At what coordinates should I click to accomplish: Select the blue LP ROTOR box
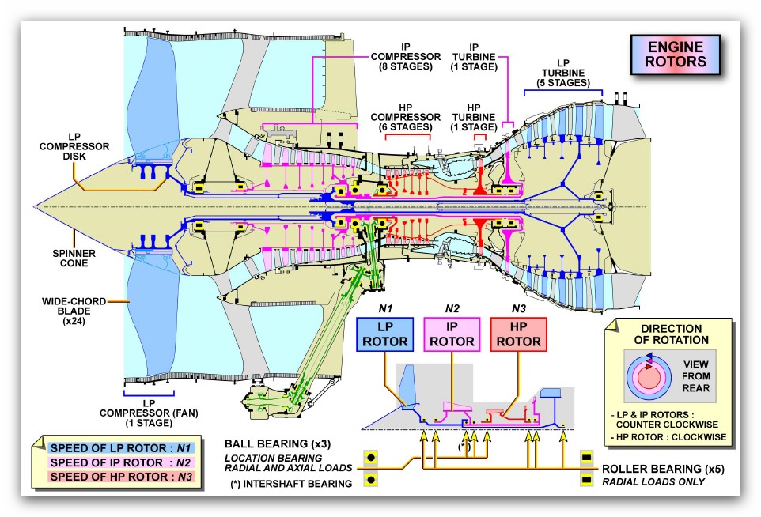385,334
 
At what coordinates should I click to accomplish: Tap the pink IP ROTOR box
452,334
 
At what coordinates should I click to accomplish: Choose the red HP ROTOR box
518,334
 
